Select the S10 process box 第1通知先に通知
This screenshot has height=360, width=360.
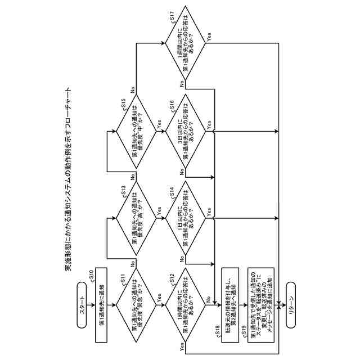[101, 307]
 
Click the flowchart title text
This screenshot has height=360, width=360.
[68, 180]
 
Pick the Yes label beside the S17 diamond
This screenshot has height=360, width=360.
[209, 39]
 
